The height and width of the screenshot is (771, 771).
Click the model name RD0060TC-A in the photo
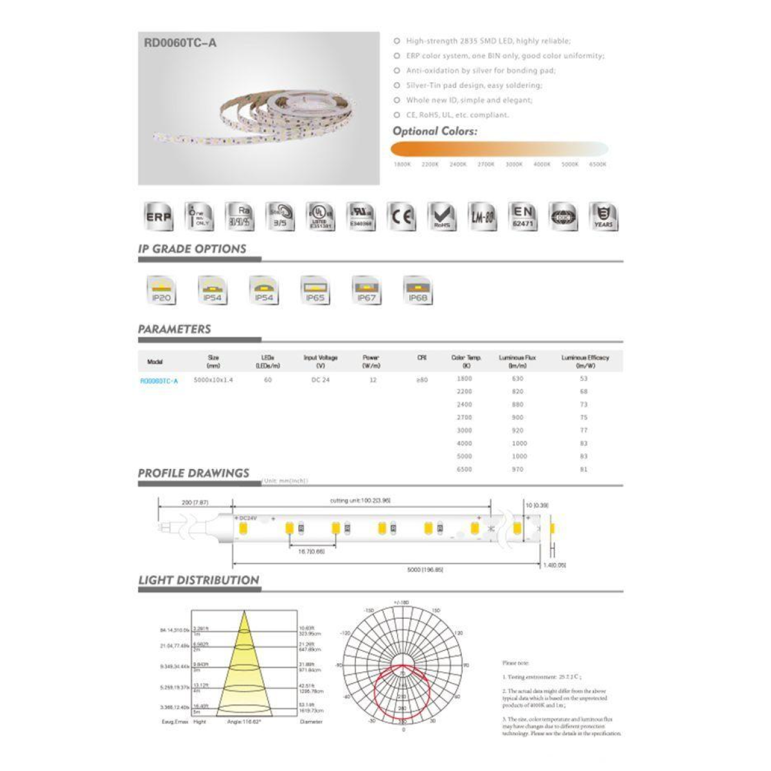(x=181, y=43)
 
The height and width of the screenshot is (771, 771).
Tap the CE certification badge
(x=402, y=217)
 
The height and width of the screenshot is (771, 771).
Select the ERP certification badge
(x=159, y=217)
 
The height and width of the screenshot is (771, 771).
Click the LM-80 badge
(x=483, y=217)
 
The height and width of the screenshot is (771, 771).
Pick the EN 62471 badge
(x=523, y=217)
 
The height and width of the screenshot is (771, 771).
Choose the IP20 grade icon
(x=161, y=290)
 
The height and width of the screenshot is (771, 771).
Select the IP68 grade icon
(x=418, y=290)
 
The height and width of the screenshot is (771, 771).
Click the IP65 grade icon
(x=315, y=290)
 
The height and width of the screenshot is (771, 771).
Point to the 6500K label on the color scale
(x=598, y=164)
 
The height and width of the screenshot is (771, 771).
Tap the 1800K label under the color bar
(x=402, y=164)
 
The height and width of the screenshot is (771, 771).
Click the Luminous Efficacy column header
(x=585, y=361)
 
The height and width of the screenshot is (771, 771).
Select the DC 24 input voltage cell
(x=321, y=380)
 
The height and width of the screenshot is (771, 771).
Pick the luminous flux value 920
(x=518, y=430)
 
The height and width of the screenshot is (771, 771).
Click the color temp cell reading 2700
(x=465, y=418)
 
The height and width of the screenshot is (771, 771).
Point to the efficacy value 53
(x=583, y=378)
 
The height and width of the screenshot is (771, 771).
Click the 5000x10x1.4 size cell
(x=213, y=380)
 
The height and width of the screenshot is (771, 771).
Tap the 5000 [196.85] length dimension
(x=425, y=569)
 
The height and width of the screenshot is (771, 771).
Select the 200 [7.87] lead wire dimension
(x=195, y=502)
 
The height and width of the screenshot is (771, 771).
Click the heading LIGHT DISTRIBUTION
(x=199, y=580)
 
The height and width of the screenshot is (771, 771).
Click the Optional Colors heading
(x=435, y=131)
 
